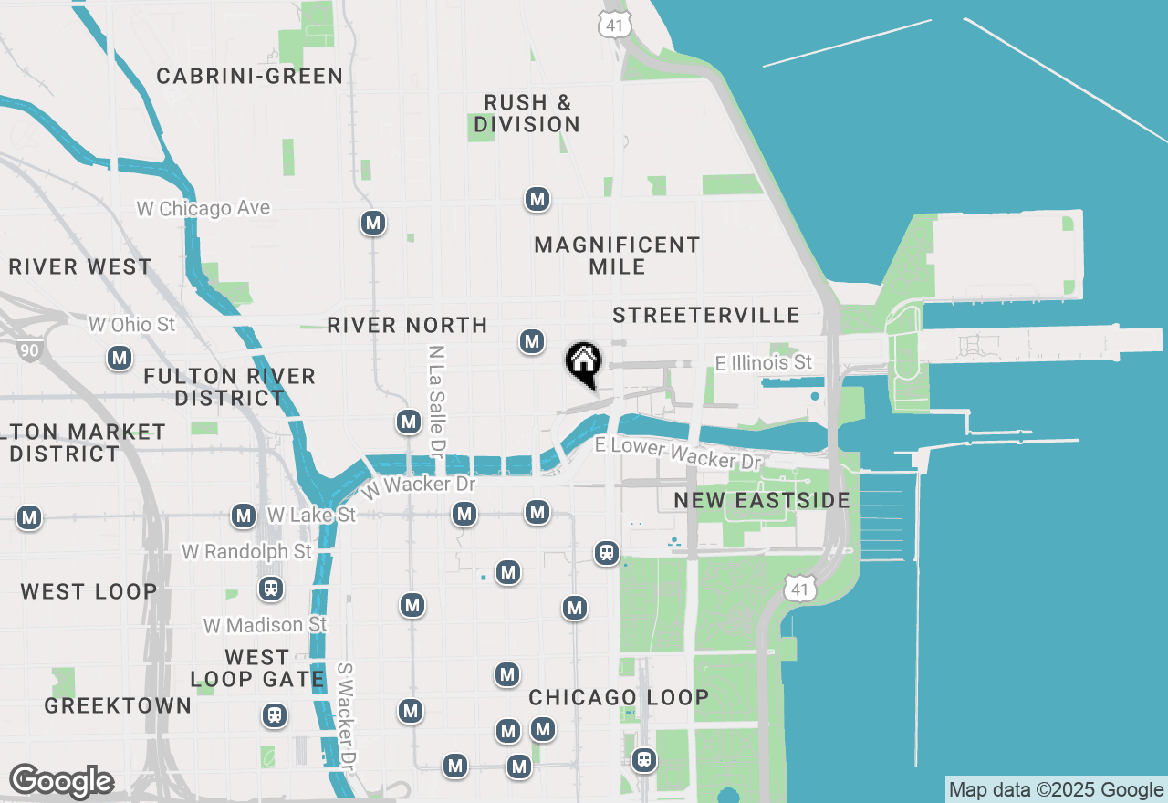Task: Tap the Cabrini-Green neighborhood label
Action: [249, 76]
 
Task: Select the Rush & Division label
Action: [527, 113]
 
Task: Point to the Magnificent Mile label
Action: [617, 255]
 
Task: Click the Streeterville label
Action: [706, 315]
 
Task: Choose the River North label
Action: [407, 325]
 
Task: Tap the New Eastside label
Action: [762, 500]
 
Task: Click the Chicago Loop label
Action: [619, 697]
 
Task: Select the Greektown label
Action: [118, 705]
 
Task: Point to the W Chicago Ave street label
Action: [203, 208]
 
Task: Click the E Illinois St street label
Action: [763, 363]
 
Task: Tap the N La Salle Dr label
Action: [436, 401]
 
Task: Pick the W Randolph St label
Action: [246, 552]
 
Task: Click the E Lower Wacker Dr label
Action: [677, 453]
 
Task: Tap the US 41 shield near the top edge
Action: [615, 25]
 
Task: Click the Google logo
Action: [61, 781]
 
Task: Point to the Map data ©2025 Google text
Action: [1056, 790]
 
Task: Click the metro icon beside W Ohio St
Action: [120, 359]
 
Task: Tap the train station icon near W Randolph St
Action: [270, 589]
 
